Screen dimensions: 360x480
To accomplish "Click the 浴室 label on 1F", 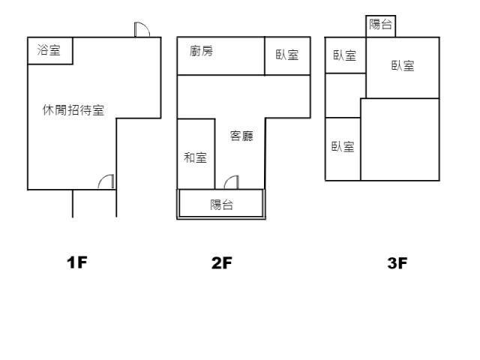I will pyautogui.click(x=49, y=51).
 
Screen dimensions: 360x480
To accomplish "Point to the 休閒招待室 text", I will pyautogui.click(x=73, y=110).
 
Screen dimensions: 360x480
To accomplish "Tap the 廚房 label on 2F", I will pyautogui.click(x=201, y=51).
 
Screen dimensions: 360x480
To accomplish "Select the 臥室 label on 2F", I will pyautogui.click(x=287, y=55).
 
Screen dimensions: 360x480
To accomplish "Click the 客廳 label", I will pyautogui.click(x=241, y=136).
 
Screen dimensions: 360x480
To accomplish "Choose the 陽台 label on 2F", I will pyautogui.click(x=221, y=205).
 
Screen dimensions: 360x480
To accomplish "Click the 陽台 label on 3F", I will pyautogui.click(x=381, y=25).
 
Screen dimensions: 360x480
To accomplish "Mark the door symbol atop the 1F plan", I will pyautogui.click(x=142, y=29).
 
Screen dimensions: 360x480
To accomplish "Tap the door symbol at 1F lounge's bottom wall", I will pyautogui.click(x=107, y=181).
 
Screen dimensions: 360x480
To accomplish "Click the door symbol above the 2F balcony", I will pyautogui.click(x=232, y=181).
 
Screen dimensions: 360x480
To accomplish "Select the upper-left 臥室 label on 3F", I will pyautogui.click(x=345, y=55).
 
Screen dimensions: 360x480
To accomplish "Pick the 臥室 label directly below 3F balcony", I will pyautogui.click(x=403, y=66).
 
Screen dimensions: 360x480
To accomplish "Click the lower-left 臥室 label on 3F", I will pyautogui.click(x=343, y=146).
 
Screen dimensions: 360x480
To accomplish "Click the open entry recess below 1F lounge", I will pyautogui.click(x=94, y=203).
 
